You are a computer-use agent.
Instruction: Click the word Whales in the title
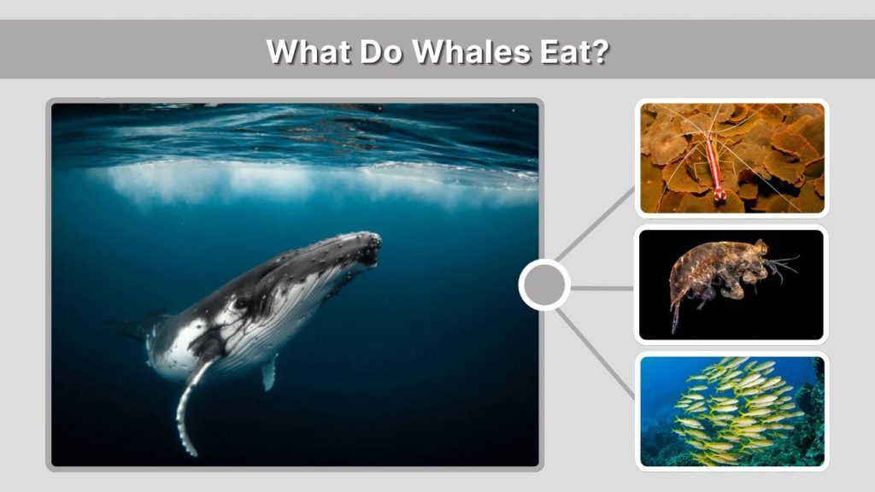coord(462,51)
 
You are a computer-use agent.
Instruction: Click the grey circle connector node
coord(544,284)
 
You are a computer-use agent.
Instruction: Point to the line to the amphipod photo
coord(602,288)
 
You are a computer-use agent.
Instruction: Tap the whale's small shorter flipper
coord(269,372)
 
